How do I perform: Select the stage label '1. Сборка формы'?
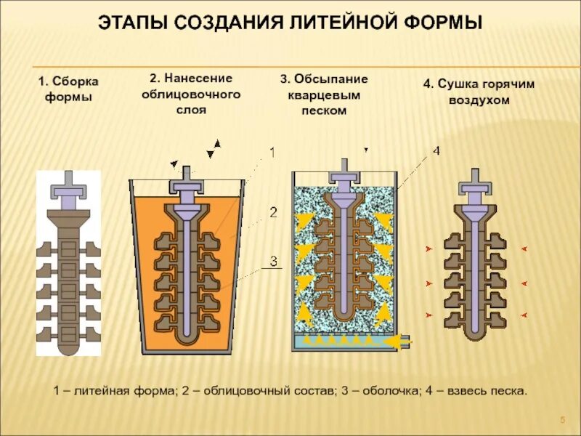(68, 88)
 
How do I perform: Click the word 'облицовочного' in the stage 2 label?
(191, 94)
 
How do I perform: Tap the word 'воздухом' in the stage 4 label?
(479, 100)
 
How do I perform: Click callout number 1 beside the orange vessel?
(272, 153)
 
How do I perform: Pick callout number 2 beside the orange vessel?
(273, 213)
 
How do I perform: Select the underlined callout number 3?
(273, 260)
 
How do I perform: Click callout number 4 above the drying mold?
(436, 151)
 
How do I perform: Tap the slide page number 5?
(562, 422)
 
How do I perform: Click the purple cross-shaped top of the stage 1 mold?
(68, 186)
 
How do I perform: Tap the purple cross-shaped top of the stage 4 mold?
(476, 182)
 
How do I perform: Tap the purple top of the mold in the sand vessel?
(343, 177)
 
